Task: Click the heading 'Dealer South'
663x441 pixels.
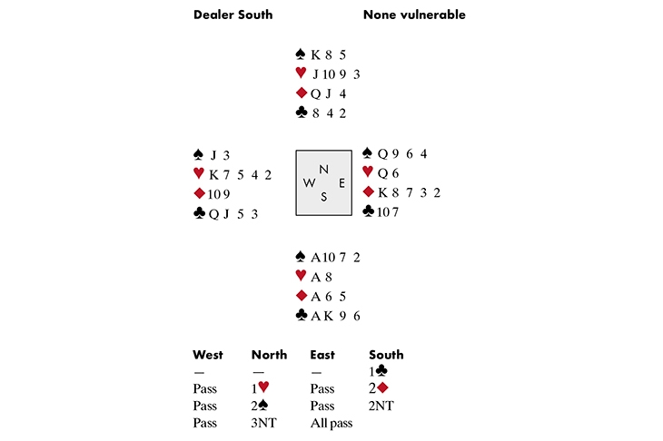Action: tap(233, 15)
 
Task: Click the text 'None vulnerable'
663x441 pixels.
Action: tap(414, 15)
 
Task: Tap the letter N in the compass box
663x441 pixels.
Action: tap(323, 170)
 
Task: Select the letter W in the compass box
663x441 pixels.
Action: tap(309, 183)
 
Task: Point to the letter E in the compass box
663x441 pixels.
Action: tap(341, 183)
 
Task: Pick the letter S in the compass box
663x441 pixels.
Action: tap(324, 196)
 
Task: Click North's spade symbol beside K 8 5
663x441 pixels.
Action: tap(301, 54)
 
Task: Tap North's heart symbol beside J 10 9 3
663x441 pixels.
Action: tap(301, 73)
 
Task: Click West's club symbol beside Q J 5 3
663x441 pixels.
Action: tap(199, 212)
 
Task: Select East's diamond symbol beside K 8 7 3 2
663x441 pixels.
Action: tap(369, 191)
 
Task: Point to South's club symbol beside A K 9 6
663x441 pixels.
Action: tap(301, 315)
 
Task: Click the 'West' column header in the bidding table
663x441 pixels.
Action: tap(208, 355)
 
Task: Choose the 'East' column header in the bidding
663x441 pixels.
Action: tap(322, 355)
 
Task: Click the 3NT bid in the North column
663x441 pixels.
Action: tap(263, 423)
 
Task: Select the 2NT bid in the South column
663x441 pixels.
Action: tap(381, 406)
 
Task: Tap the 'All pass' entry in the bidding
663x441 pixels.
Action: tap(331, 423)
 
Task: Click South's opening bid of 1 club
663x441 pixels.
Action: tap(379, 371)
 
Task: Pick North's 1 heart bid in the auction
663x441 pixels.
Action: tap(261, 387)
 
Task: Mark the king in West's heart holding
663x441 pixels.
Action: tap(214, 174)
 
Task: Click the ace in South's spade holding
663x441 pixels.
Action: tap(316, 258)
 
